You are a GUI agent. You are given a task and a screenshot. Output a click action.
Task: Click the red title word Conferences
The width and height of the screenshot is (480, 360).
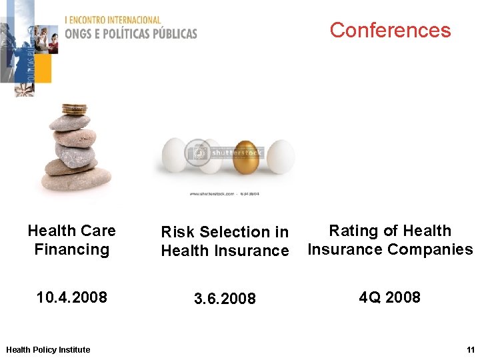coord(390,30)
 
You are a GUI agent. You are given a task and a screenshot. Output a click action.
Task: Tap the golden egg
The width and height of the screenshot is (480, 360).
coord(246,157)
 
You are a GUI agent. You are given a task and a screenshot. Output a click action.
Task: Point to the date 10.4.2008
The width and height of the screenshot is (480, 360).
coord(71,297)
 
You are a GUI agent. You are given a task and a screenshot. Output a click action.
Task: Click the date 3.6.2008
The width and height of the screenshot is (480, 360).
coord(225,299)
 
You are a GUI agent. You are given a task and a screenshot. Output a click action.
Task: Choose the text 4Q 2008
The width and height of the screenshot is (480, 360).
coord(389,297)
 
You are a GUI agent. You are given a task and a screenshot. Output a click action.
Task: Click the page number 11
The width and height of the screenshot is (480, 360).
coord(470,349)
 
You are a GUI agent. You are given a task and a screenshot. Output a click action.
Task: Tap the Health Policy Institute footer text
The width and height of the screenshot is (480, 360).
coord(47,349)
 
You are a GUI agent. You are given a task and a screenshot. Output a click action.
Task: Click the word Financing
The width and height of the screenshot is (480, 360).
coord(71,249)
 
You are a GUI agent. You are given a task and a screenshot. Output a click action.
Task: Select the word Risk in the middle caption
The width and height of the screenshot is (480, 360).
coord(177,232)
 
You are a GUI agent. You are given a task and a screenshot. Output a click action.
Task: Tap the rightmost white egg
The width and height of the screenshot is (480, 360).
coord(280,157)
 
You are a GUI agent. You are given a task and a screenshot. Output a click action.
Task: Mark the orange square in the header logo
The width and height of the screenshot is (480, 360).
coord(41,69)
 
